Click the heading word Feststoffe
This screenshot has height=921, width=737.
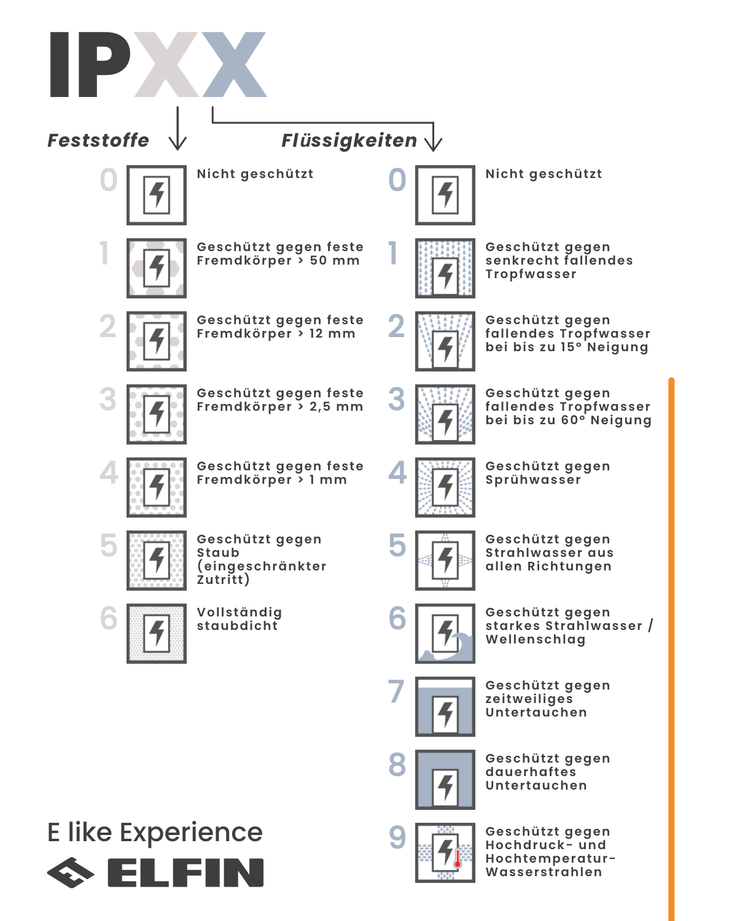pos(98,141)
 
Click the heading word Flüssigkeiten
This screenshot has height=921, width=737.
pos(349,141)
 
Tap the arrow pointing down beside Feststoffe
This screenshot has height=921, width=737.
pos(177,129)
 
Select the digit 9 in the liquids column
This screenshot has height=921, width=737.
pos(397,837)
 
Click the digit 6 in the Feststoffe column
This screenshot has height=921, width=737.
pos(109,618)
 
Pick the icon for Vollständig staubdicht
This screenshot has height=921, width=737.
pos(157,633)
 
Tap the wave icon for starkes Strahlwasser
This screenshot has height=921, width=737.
pos(445,633)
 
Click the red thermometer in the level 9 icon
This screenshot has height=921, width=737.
pos(458,858)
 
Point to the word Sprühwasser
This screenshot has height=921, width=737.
pos(533,480)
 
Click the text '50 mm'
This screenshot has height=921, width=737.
pos(335,261)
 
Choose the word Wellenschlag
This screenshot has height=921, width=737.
pos(536,640)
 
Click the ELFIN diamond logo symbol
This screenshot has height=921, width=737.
pos(71,872)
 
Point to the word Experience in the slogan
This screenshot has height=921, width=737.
pos(191,833)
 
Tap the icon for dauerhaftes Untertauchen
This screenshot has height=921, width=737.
pos(445,779)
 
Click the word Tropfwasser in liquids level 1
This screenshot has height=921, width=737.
pos(531,274)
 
